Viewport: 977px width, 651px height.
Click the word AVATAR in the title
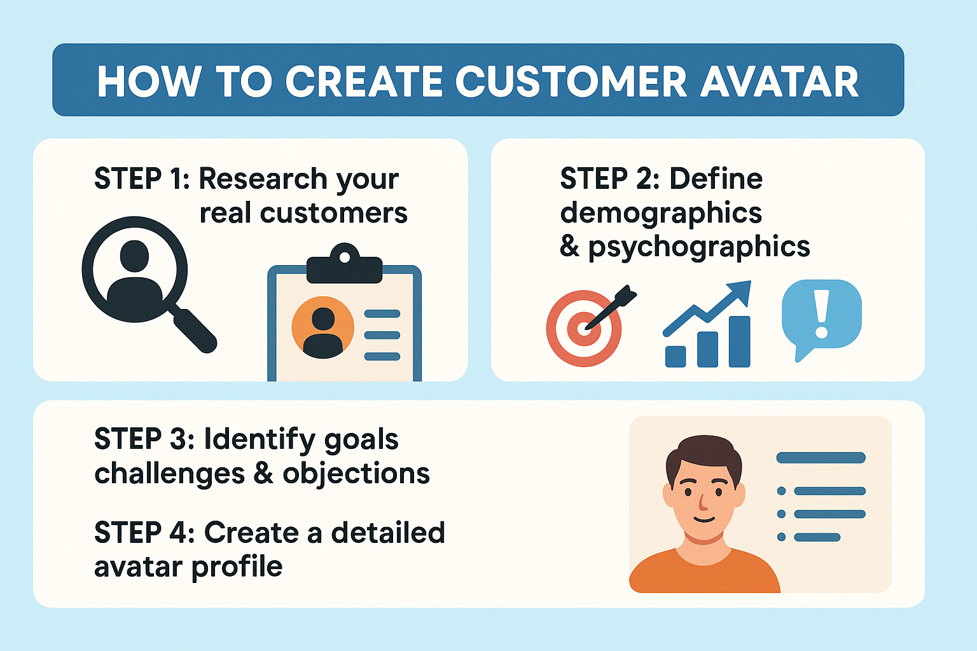coord(780,81)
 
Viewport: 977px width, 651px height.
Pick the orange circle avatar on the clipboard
coord(323,327)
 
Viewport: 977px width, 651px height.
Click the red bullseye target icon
coord(583,329)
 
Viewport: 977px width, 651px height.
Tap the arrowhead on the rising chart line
coord(742,292)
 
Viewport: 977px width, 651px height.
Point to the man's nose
coord(702,502)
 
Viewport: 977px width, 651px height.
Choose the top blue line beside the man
coord(821,458)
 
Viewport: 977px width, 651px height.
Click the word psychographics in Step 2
coord(699,247)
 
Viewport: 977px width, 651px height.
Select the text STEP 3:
coord(144,439)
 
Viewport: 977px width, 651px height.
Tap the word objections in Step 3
coord(356,474)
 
